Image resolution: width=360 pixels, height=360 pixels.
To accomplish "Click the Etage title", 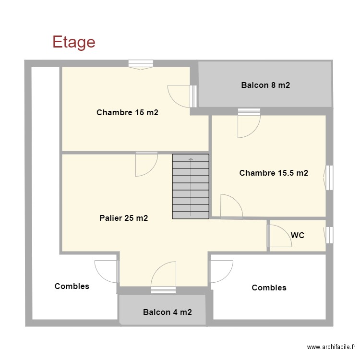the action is (x=74, y=42).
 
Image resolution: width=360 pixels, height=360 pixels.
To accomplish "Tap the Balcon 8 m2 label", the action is (x=265, y=85).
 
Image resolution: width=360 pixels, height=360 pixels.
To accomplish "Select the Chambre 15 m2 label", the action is (x=127, y=112).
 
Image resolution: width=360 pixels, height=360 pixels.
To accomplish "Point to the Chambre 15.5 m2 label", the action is (x=274, y=173).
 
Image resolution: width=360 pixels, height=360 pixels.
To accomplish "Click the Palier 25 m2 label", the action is (x=124, y=218).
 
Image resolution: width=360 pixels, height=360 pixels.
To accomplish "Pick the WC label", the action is (x=298, y=235).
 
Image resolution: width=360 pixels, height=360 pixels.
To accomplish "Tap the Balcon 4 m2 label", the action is (x=168, y=312).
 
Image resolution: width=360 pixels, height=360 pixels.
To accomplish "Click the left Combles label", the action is (x=72, y=286).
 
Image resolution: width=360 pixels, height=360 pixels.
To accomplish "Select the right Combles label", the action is (x=269, y=288).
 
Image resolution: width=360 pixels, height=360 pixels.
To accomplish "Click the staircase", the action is (x=191, y=186).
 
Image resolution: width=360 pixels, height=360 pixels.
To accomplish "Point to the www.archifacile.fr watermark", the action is (x=331, y=347).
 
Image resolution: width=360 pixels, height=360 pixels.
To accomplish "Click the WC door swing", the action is (x=279, y=236).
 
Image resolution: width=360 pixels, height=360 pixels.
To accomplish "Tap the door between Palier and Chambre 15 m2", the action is (x=146, y=164).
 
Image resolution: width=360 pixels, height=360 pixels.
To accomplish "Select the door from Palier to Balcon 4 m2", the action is (x=163, y=277).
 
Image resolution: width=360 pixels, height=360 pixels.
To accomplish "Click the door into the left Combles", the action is (x=107, y=271).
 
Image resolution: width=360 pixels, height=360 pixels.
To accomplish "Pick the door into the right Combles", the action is (x=222, y=271).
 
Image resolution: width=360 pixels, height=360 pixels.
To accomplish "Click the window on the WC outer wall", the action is (x=329, y=235).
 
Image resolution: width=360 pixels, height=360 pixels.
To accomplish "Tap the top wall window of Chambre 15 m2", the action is (x=141, y=64).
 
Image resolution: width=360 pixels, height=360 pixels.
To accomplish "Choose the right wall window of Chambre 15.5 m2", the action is (x=328, y=178).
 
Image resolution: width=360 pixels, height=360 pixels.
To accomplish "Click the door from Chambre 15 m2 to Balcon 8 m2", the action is (x=182, y=96).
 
